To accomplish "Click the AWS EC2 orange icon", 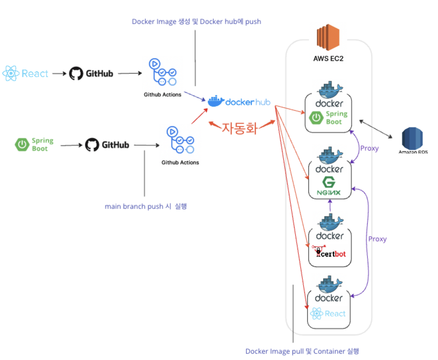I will point(328,37).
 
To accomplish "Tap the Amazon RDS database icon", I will point(412,138).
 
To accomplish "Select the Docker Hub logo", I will point(239,102).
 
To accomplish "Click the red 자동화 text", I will point(240,128).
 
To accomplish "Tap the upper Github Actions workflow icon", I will point(162,72).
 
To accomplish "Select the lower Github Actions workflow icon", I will point(180,140).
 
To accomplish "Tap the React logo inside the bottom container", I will point(328,314).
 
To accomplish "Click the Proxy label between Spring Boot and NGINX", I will point(369,148).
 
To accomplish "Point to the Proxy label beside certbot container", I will point(377,239).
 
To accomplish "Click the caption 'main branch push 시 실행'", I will point(146,206).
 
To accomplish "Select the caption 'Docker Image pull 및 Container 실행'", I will point(302,351).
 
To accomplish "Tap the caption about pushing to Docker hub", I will point(196,22).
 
